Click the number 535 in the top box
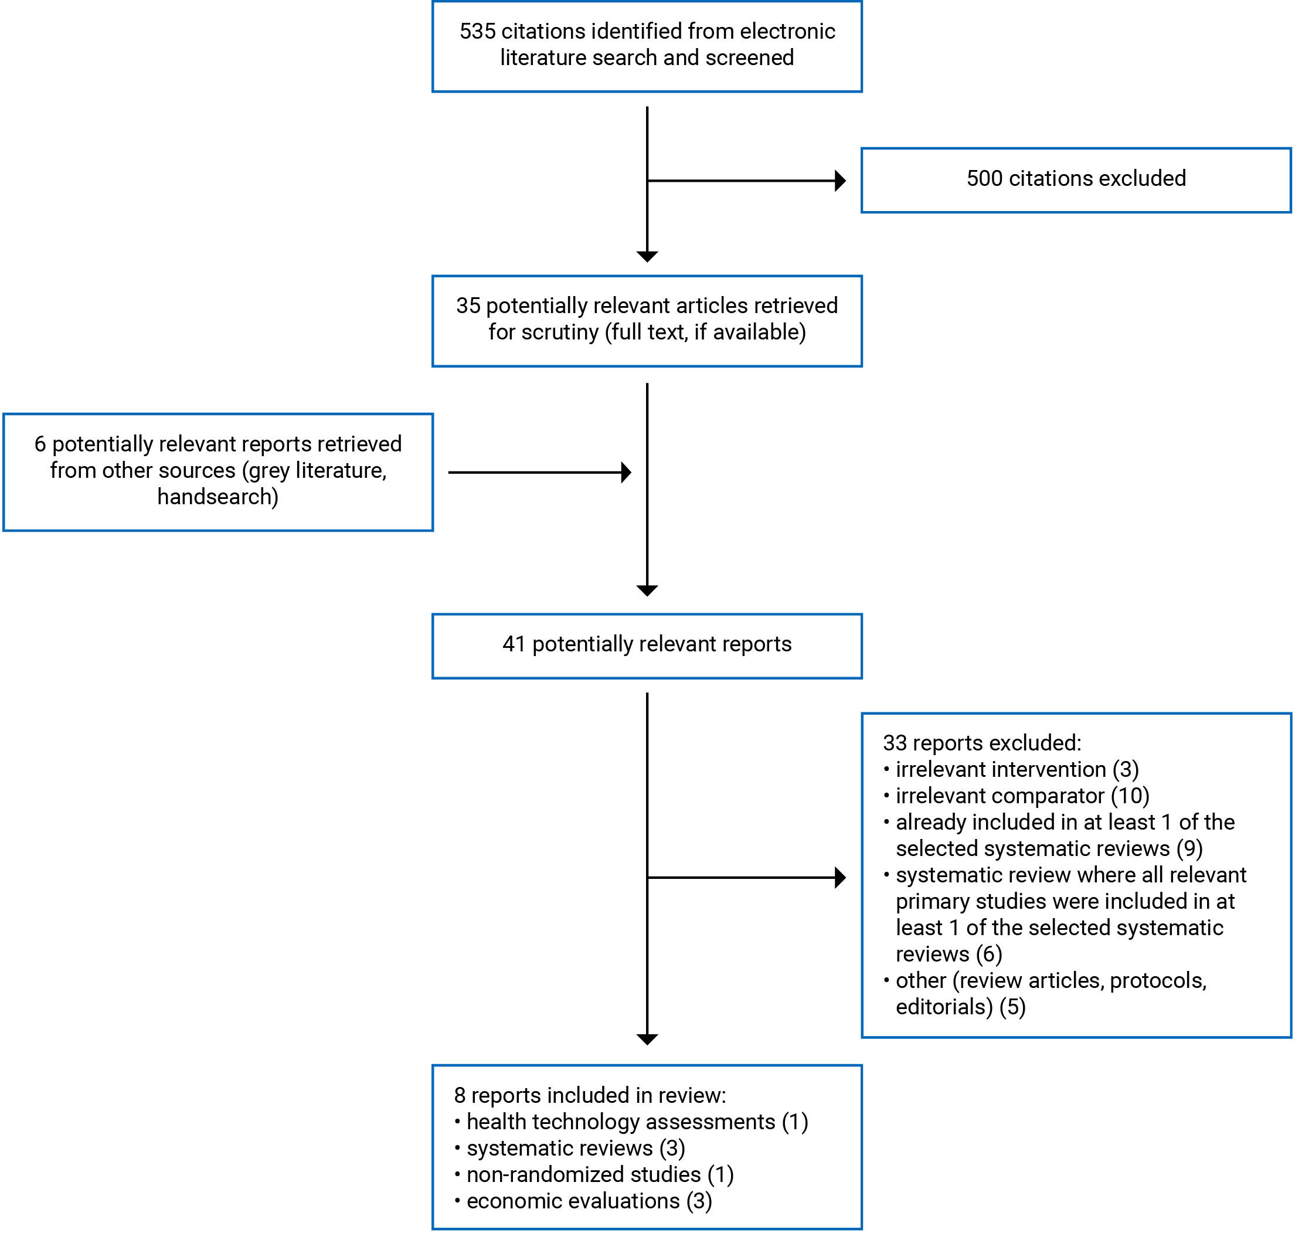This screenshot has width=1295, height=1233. pyautogui.click(x=477, y=32)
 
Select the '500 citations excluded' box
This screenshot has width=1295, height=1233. pyautogui.click(x=1076, y=180)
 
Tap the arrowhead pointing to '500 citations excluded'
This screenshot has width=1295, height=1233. pyautogui.click(x=839, y=181)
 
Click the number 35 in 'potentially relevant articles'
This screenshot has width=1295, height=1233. pyautogui.click(x=468, y=305)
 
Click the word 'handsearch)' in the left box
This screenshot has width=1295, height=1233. pyautogui.click(x=217, y=497)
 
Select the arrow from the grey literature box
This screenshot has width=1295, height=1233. pyautogui.click(x=539, y=472)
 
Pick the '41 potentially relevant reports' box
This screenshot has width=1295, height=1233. pyautogui.click(x=647, y=646)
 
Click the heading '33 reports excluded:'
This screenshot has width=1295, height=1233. pyautogui.click(x=981, y=743)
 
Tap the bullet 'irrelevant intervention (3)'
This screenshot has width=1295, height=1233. pyautogui.click(x=1017, y=769)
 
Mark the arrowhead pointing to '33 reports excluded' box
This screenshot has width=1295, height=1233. pyautogui.click(x=839, y=878)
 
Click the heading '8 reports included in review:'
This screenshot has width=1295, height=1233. pyautogui.click(x=589, y=1095)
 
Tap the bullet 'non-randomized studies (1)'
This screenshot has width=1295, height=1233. pyautogui.click(x=600, y=1174)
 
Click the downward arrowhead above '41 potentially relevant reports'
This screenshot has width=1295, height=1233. pyautogui.click(x=647, y=590)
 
